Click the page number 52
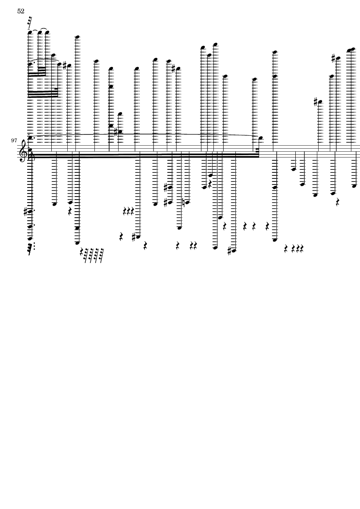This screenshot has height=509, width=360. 21,12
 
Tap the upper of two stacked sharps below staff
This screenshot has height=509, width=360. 166,187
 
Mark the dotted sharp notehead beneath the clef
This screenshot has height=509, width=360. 30,211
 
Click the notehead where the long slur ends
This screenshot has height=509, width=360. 261,138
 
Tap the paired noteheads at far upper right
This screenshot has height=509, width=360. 351,49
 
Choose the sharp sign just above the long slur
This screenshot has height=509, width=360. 116,131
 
